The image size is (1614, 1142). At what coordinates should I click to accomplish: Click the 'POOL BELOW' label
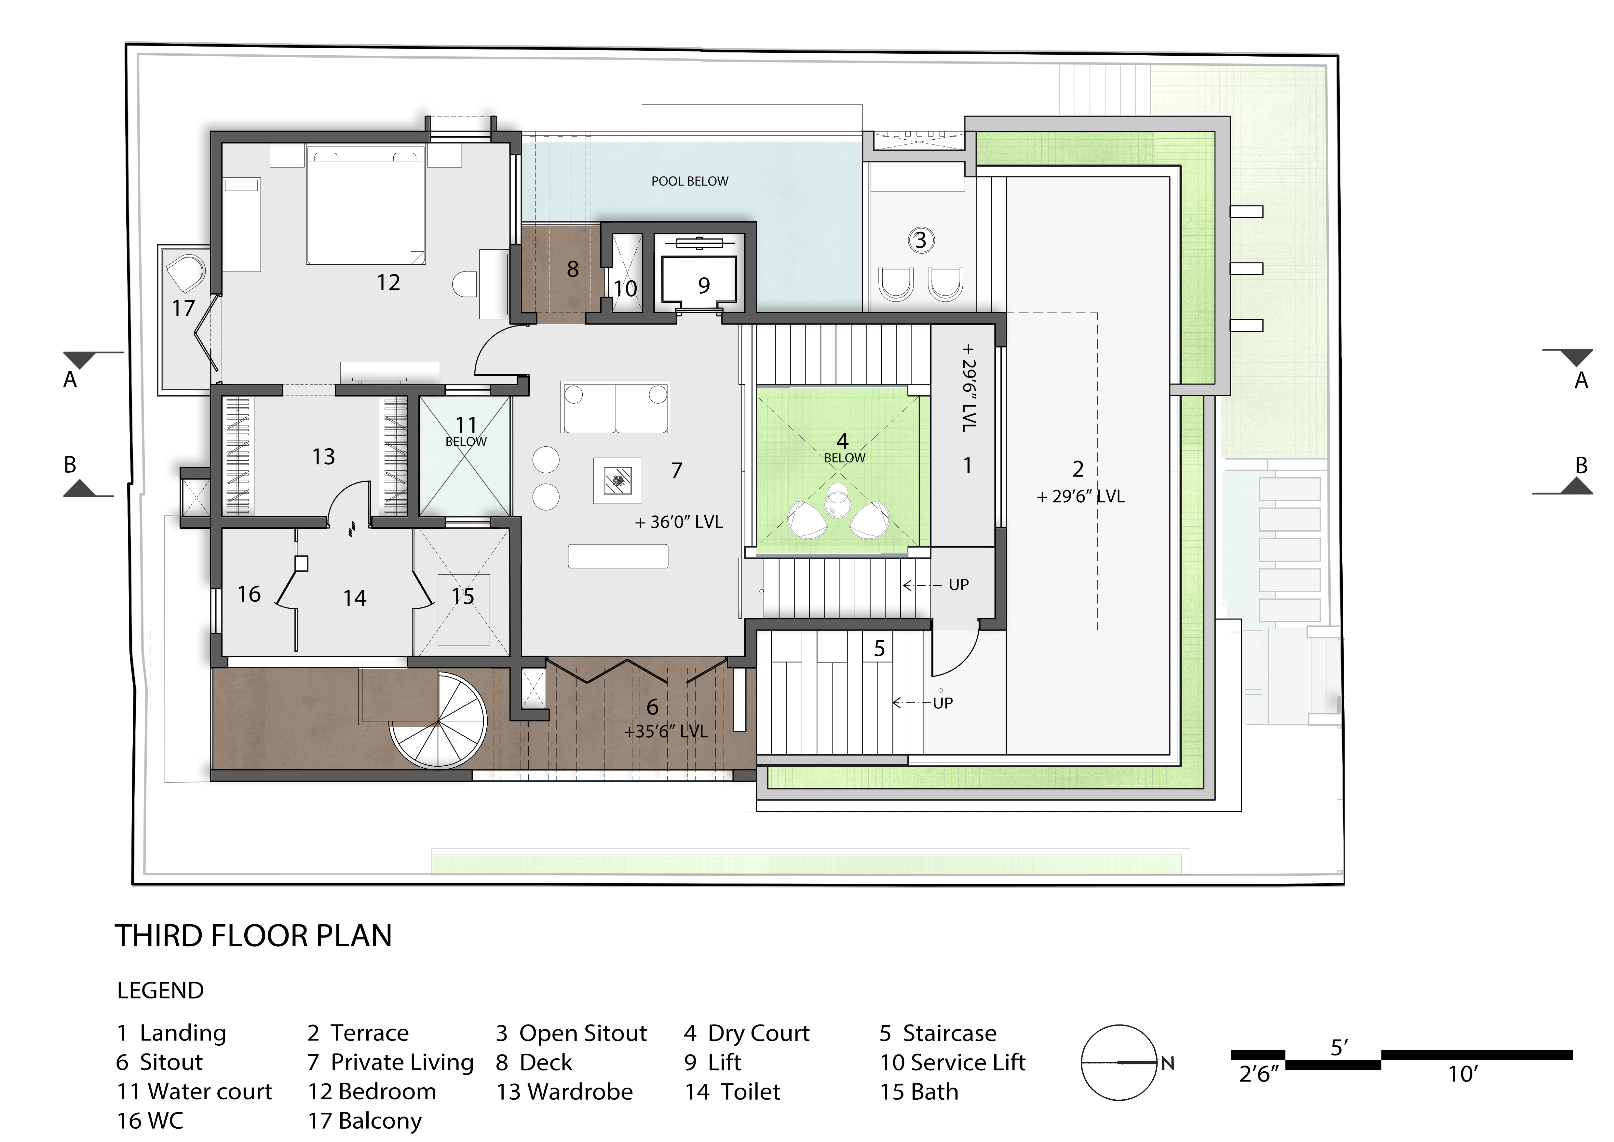pyautogui.click(x=690, y=181)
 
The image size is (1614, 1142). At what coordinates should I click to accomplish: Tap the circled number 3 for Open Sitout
pyautogui.click(x=920, y=241)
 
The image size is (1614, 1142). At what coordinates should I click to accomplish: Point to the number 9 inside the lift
pyautogui.click(x=704, y=285)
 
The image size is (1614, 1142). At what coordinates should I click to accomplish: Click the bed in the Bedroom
pyautogui.click(x=366, y=204)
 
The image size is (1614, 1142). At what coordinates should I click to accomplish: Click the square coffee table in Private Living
pyautogui.click(x=617, y=480)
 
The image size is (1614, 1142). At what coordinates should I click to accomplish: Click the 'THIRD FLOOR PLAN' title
pyautogui.click(x=253, y=936)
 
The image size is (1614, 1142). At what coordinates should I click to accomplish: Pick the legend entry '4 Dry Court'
pyautogui.click(x=747, y=1033)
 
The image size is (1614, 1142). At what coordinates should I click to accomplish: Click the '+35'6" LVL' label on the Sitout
pyautogui.click(x=666, y=732)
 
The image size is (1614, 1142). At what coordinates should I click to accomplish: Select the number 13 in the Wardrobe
pyautogui.click(x=323, y=457)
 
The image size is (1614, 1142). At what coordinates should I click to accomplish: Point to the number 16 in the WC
pyautogui.click(x=249, y=594)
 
